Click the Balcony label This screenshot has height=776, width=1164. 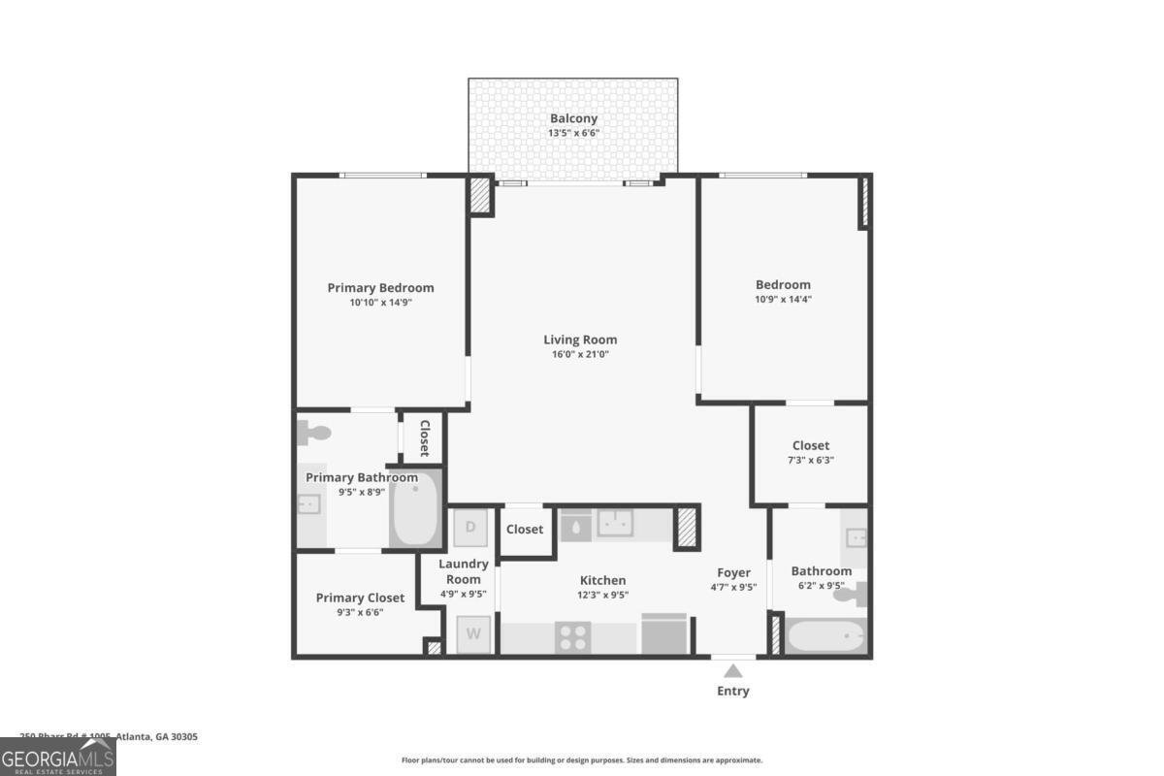(573, 118)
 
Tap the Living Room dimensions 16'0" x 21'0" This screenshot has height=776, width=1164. (580, 355)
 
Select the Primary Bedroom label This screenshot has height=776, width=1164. (380, 288)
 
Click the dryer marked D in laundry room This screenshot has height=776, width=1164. (471, 528)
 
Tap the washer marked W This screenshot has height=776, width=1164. (473, 634)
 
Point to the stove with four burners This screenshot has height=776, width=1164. (573, 637)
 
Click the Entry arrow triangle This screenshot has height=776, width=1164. (733, 670)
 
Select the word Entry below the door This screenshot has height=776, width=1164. (733, 692)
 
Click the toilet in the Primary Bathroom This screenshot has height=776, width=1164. (314, 434)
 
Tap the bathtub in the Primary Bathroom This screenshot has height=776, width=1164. (416, 507)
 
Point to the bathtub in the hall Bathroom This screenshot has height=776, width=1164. (825, 637)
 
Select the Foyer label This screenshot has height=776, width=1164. (733, 572)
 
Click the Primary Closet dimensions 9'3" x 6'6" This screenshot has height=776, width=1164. (354, 612)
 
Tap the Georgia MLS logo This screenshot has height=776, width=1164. (58, 757)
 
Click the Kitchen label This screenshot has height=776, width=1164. (602, 580)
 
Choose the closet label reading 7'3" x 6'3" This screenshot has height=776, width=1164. (810, 461)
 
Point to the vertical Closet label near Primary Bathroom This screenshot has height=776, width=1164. (424, 437)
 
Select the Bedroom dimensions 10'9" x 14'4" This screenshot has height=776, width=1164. (783, 300)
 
